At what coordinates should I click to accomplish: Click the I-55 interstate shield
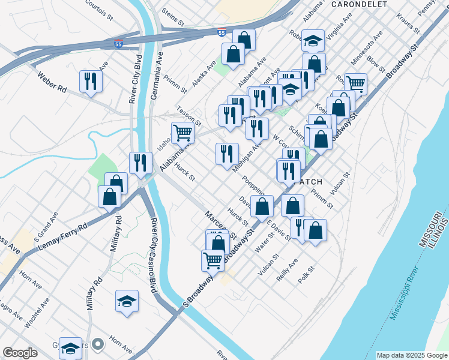coord(118,43)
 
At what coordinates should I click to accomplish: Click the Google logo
coord(20,353)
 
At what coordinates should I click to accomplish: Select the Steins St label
coord(172,14)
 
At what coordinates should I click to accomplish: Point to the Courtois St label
coord(100,8)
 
